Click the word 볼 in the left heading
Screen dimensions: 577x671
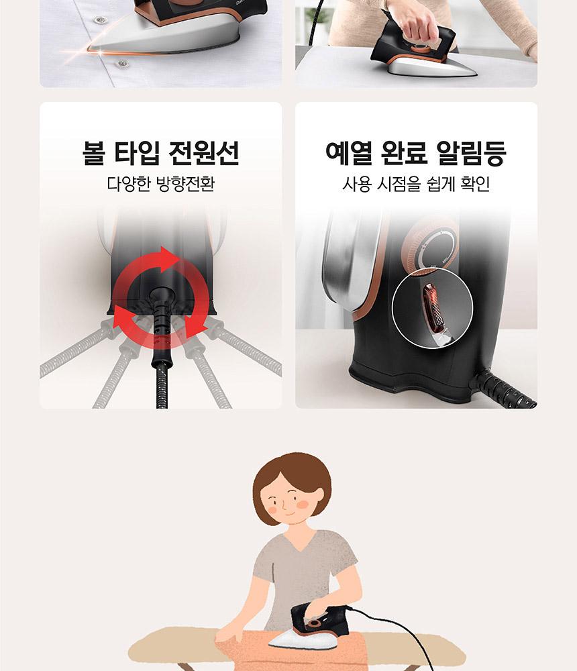click(94, 152)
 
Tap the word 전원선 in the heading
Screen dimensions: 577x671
click(204, 152)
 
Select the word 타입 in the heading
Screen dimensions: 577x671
click(138, 152)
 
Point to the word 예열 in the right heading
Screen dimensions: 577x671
click(349, 152)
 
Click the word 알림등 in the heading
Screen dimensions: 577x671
click(471, 152)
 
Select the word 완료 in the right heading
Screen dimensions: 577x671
click(404, 152)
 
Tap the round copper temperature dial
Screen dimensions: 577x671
click(430, 248)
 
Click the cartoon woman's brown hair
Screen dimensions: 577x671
click(293, 475)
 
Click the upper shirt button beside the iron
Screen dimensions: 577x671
click(100, 19)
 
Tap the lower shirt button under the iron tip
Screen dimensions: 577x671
click(122, 64)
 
